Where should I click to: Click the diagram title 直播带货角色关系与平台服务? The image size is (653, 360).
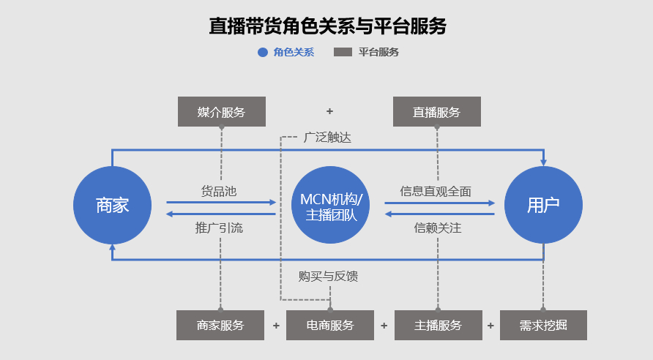pyautogui.click(x=326, y=26)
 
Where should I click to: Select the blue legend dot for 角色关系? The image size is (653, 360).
pyautogui.click(x=263, y=53)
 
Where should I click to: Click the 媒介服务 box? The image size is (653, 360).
pyautogui.click(x=221, y=112)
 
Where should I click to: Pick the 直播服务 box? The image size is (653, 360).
pyautogui.click(x=436, y=112)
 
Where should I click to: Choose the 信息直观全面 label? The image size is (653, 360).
pyautogui.click(x=436, y=191)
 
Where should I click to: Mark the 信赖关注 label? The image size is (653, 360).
pyautogui.click(x=437, y=228)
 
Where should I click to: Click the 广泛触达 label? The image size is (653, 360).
pyautogui.click(x=327, y=137)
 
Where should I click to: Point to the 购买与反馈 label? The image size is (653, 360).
pyautogui.click(x=328, y=276)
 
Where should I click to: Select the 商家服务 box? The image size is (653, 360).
pyautogui.click(x=220, y=326)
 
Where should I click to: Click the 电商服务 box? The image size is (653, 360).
pyautogui.click(x=329, y=326)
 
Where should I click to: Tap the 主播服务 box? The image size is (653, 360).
pyautogui.click(x=438, y=326)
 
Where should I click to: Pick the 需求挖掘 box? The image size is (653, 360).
pyautogui.click(x=543, y=326)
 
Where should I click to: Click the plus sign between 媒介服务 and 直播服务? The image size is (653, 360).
pyautogui.click(x=329, y=112)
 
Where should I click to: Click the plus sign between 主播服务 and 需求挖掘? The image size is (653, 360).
pyautogui.click(x=490, y=326)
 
